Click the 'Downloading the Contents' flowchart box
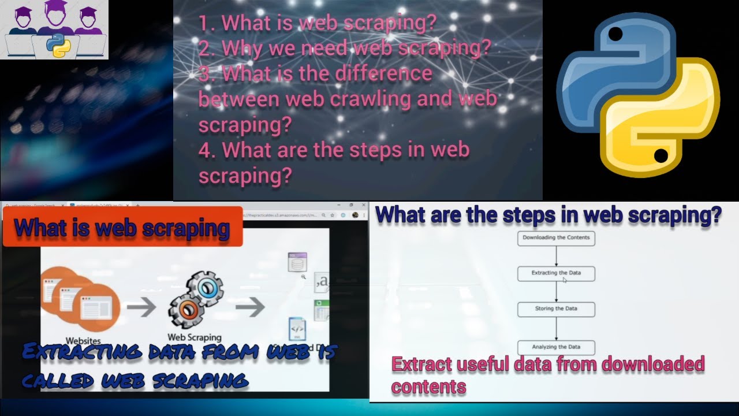[556, 238]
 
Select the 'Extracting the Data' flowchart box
[556, 273]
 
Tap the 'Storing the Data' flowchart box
[556, 309]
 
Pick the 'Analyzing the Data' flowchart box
[556, 347]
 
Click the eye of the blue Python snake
[615, 35]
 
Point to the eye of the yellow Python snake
[661, 155]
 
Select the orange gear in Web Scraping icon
[186, 311]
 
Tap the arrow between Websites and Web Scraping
[141, 307]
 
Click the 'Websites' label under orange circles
[83, 341]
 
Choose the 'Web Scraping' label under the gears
[194, 337]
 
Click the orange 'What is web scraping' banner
[122, 227]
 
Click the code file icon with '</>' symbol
[297, 328]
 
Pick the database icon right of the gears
[297, 262]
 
